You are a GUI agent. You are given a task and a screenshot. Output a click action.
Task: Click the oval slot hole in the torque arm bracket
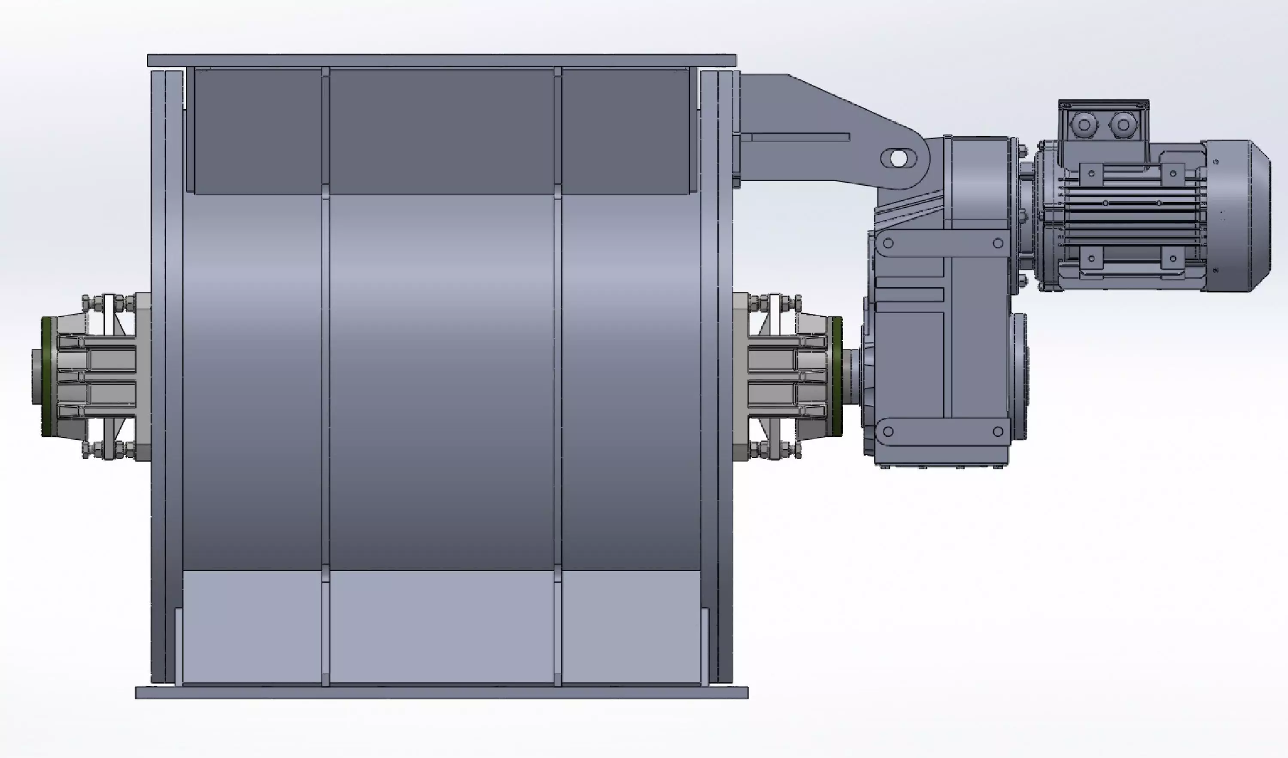899,158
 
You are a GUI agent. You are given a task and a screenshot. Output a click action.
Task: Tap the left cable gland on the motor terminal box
1082,124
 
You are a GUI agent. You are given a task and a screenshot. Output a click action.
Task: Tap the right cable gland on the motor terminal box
1123,124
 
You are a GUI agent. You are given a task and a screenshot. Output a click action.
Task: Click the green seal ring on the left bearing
47,376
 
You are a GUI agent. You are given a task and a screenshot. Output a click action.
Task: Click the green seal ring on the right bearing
837,376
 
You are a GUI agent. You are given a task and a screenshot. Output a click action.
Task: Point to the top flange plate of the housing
442,60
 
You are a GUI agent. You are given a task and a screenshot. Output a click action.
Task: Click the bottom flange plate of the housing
442,693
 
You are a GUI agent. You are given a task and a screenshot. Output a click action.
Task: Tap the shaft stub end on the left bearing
36,376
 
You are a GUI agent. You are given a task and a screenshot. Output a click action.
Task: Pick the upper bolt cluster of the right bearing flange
775,304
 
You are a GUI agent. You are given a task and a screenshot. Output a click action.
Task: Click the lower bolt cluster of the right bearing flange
775,450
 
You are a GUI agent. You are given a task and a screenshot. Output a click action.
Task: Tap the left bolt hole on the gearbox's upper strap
888,244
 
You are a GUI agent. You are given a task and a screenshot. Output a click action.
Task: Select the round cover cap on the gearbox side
1020,376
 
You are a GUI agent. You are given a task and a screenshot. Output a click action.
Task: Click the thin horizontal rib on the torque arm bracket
800,137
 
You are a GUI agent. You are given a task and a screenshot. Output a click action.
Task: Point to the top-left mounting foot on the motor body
1091,173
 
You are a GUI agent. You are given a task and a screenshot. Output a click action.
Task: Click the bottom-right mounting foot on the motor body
1173,259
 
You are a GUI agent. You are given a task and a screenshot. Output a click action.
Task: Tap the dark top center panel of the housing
442,132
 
